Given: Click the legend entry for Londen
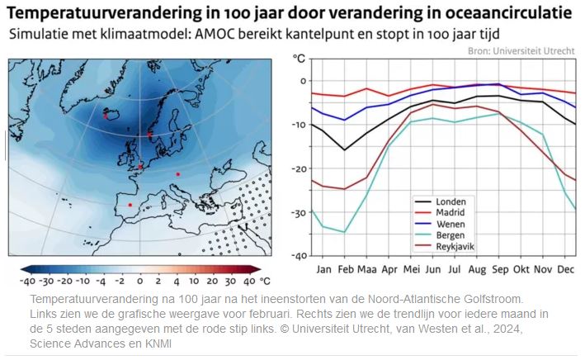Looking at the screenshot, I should pos(449,201).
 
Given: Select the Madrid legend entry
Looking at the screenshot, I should pos(449,212).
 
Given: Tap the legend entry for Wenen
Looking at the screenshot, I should pos(449,224).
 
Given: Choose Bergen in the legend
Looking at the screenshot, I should pos(450,235).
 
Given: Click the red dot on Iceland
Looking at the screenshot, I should pos(106,116).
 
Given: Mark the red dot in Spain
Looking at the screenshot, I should pos(130,205).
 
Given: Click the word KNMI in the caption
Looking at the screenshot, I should pos(157,343).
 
